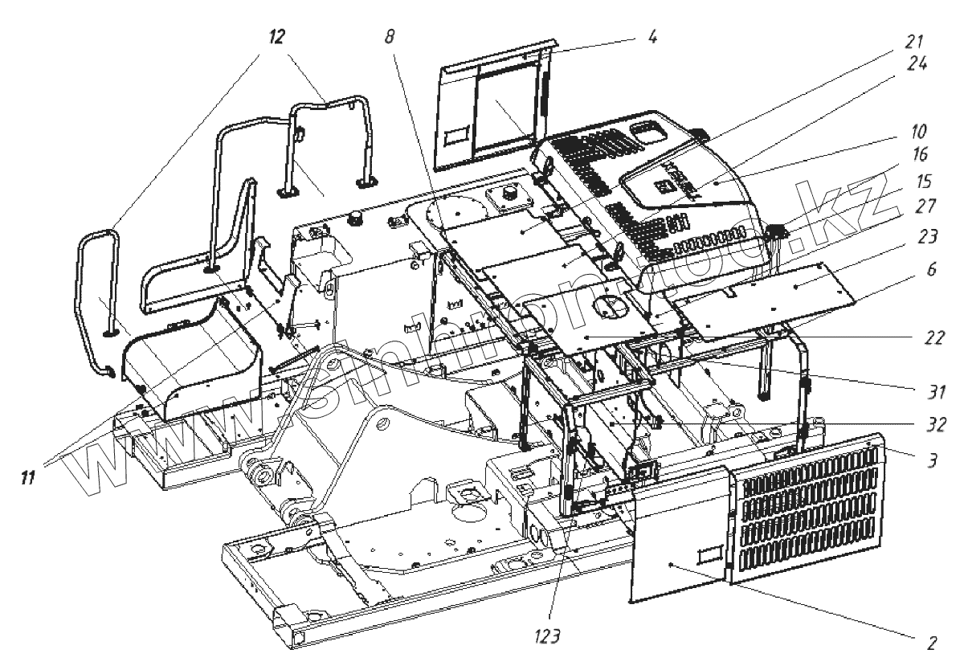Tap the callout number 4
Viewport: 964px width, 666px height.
click(x=652, y=37)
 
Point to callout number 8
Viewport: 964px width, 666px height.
click(x=390, y=37)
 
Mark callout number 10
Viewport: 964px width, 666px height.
click(x=919, y=129)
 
